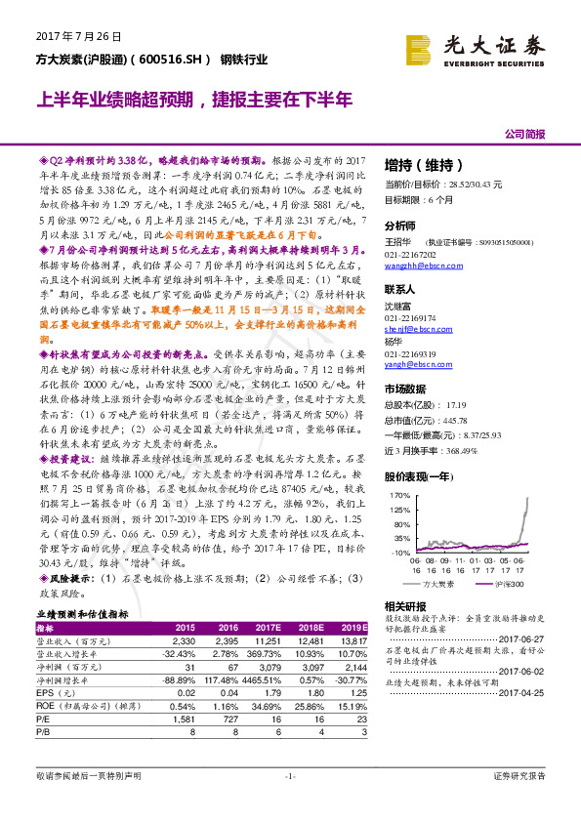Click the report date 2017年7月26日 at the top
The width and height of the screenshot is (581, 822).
point(68,37)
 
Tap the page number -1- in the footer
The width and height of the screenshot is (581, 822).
point(290,775)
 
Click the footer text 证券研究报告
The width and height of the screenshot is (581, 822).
point(519,775)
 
